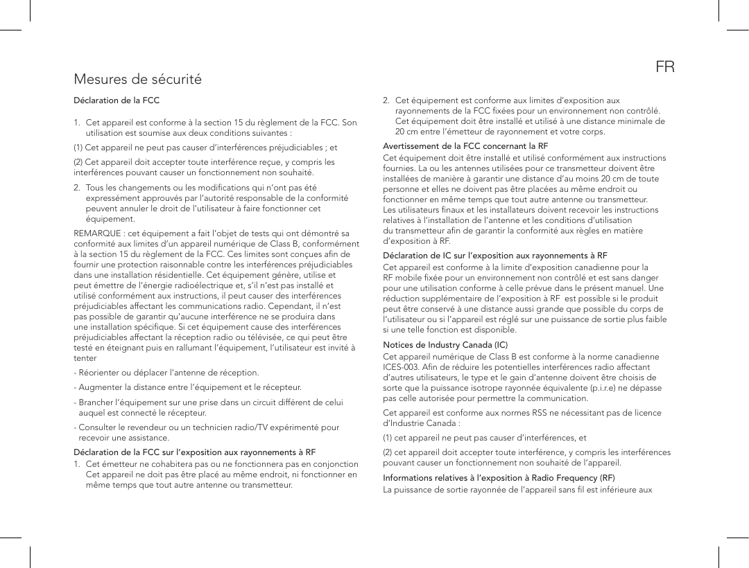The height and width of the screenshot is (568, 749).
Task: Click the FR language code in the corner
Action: (665, 67)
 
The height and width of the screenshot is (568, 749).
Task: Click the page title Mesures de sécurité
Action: (138, 79)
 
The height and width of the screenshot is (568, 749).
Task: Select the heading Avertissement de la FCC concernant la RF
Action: (465, 146)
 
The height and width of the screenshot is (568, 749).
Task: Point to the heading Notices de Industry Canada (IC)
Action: (445, 345)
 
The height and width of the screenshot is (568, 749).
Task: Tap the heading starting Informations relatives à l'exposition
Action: (499, 478)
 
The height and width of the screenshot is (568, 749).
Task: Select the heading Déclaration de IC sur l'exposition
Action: (495, 256)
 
